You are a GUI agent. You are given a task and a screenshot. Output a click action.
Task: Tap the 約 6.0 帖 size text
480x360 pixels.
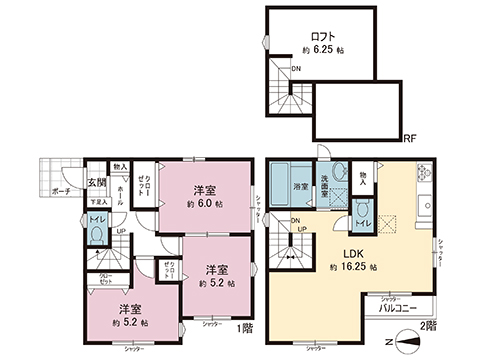point(206,203)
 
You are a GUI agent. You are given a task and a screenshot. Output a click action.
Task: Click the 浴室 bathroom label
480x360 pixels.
point(299,187)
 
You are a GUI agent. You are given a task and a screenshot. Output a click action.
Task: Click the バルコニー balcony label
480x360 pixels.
point(398,311)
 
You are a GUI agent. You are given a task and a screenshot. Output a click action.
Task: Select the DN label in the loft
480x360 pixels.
point(296,69)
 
